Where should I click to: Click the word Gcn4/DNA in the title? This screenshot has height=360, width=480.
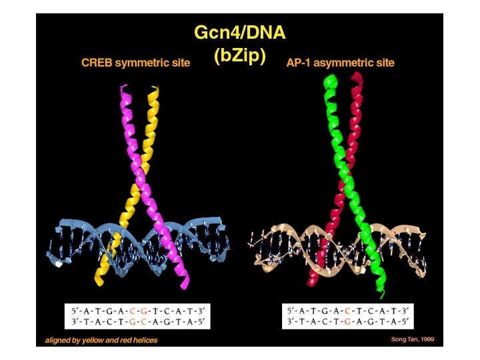click(239, 32)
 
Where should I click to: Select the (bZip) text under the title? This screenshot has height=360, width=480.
click(240, 56)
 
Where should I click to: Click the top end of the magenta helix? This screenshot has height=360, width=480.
click(123, 88)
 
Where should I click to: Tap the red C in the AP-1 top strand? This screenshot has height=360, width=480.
click(349, 311)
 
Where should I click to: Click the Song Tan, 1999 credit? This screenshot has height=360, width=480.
click(412, 339)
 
